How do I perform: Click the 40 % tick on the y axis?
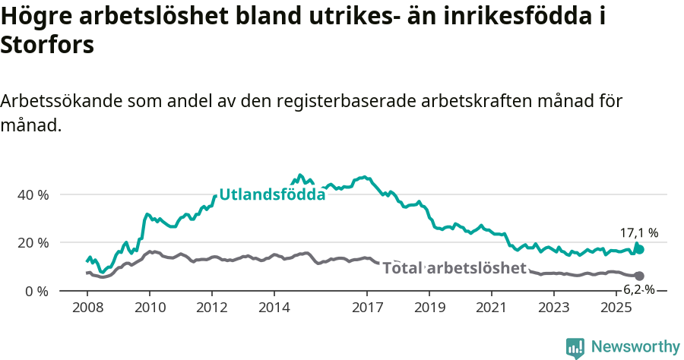pos(33,194)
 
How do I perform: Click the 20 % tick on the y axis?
pos(33,243)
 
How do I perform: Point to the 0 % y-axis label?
pos(36,291)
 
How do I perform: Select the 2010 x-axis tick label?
pos(149,308)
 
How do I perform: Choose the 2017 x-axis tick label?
pos(367,308)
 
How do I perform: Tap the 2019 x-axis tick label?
pos(429,308)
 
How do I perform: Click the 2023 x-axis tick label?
pos(554,308)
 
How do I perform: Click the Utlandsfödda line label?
pos(272,194)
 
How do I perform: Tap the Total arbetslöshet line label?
pos(454,268)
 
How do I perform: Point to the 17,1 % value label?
pos(639,233)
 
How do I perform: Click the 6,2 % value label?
pos(639,289)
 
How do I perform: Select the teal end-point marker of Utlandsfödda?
pos(639,249)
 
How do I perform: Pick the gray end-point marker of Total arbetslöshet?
pos(639,276)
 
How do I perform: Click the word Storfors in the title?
pos(47,45)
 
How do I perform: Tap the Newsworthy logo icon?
pos(575,347)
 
